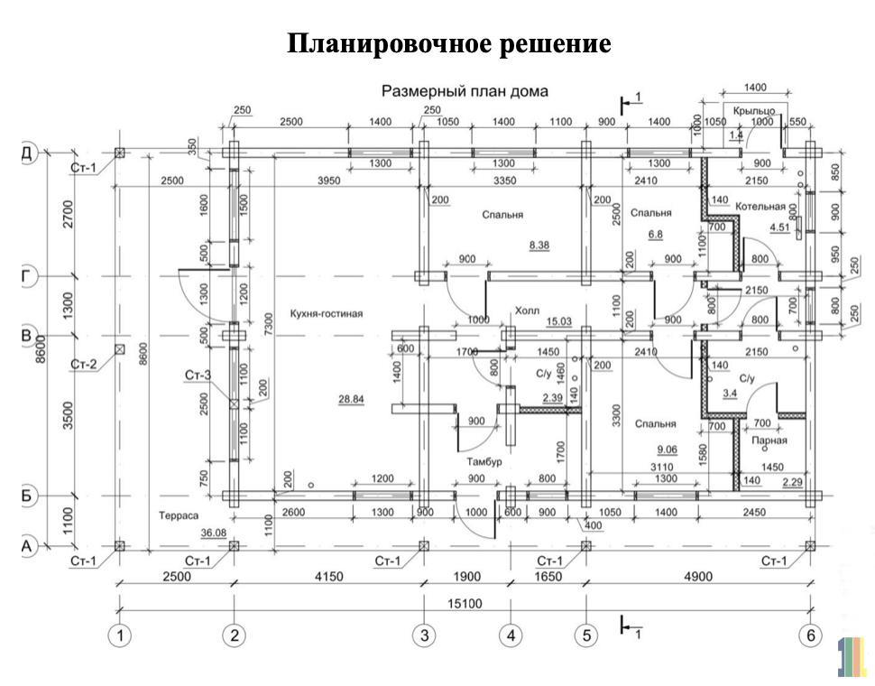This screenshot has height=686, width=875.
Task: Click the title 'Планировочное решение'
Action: click(449, 43)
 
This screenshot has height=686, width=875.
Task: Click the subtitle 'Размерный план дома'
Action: click(465, 91)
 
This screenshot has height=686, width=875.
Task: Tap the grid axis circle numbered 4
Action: click(511, 636)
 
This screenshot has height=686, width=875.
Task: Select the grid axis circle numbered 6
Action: click(810, 636)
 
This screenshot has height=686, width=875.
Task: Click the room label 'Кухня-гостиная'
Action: click(326, 314)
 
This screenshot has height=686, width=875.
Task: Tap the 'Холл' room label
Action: click(527, 310)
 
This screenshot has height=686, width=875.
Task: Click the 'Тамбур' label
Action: click(484, 461)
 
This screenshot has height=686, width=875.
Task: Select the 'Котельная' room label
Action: click(760, 207)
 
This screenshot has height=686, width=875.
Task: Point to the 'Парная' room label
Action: click(769, 441)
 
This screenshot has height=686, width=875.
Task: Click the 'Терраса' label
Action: click(179, 517)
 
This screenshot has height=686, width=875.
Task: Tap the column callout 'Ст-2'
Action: click(83, 364)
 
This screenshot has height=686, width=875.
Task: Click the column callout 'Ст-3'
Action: click(198, 374)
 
